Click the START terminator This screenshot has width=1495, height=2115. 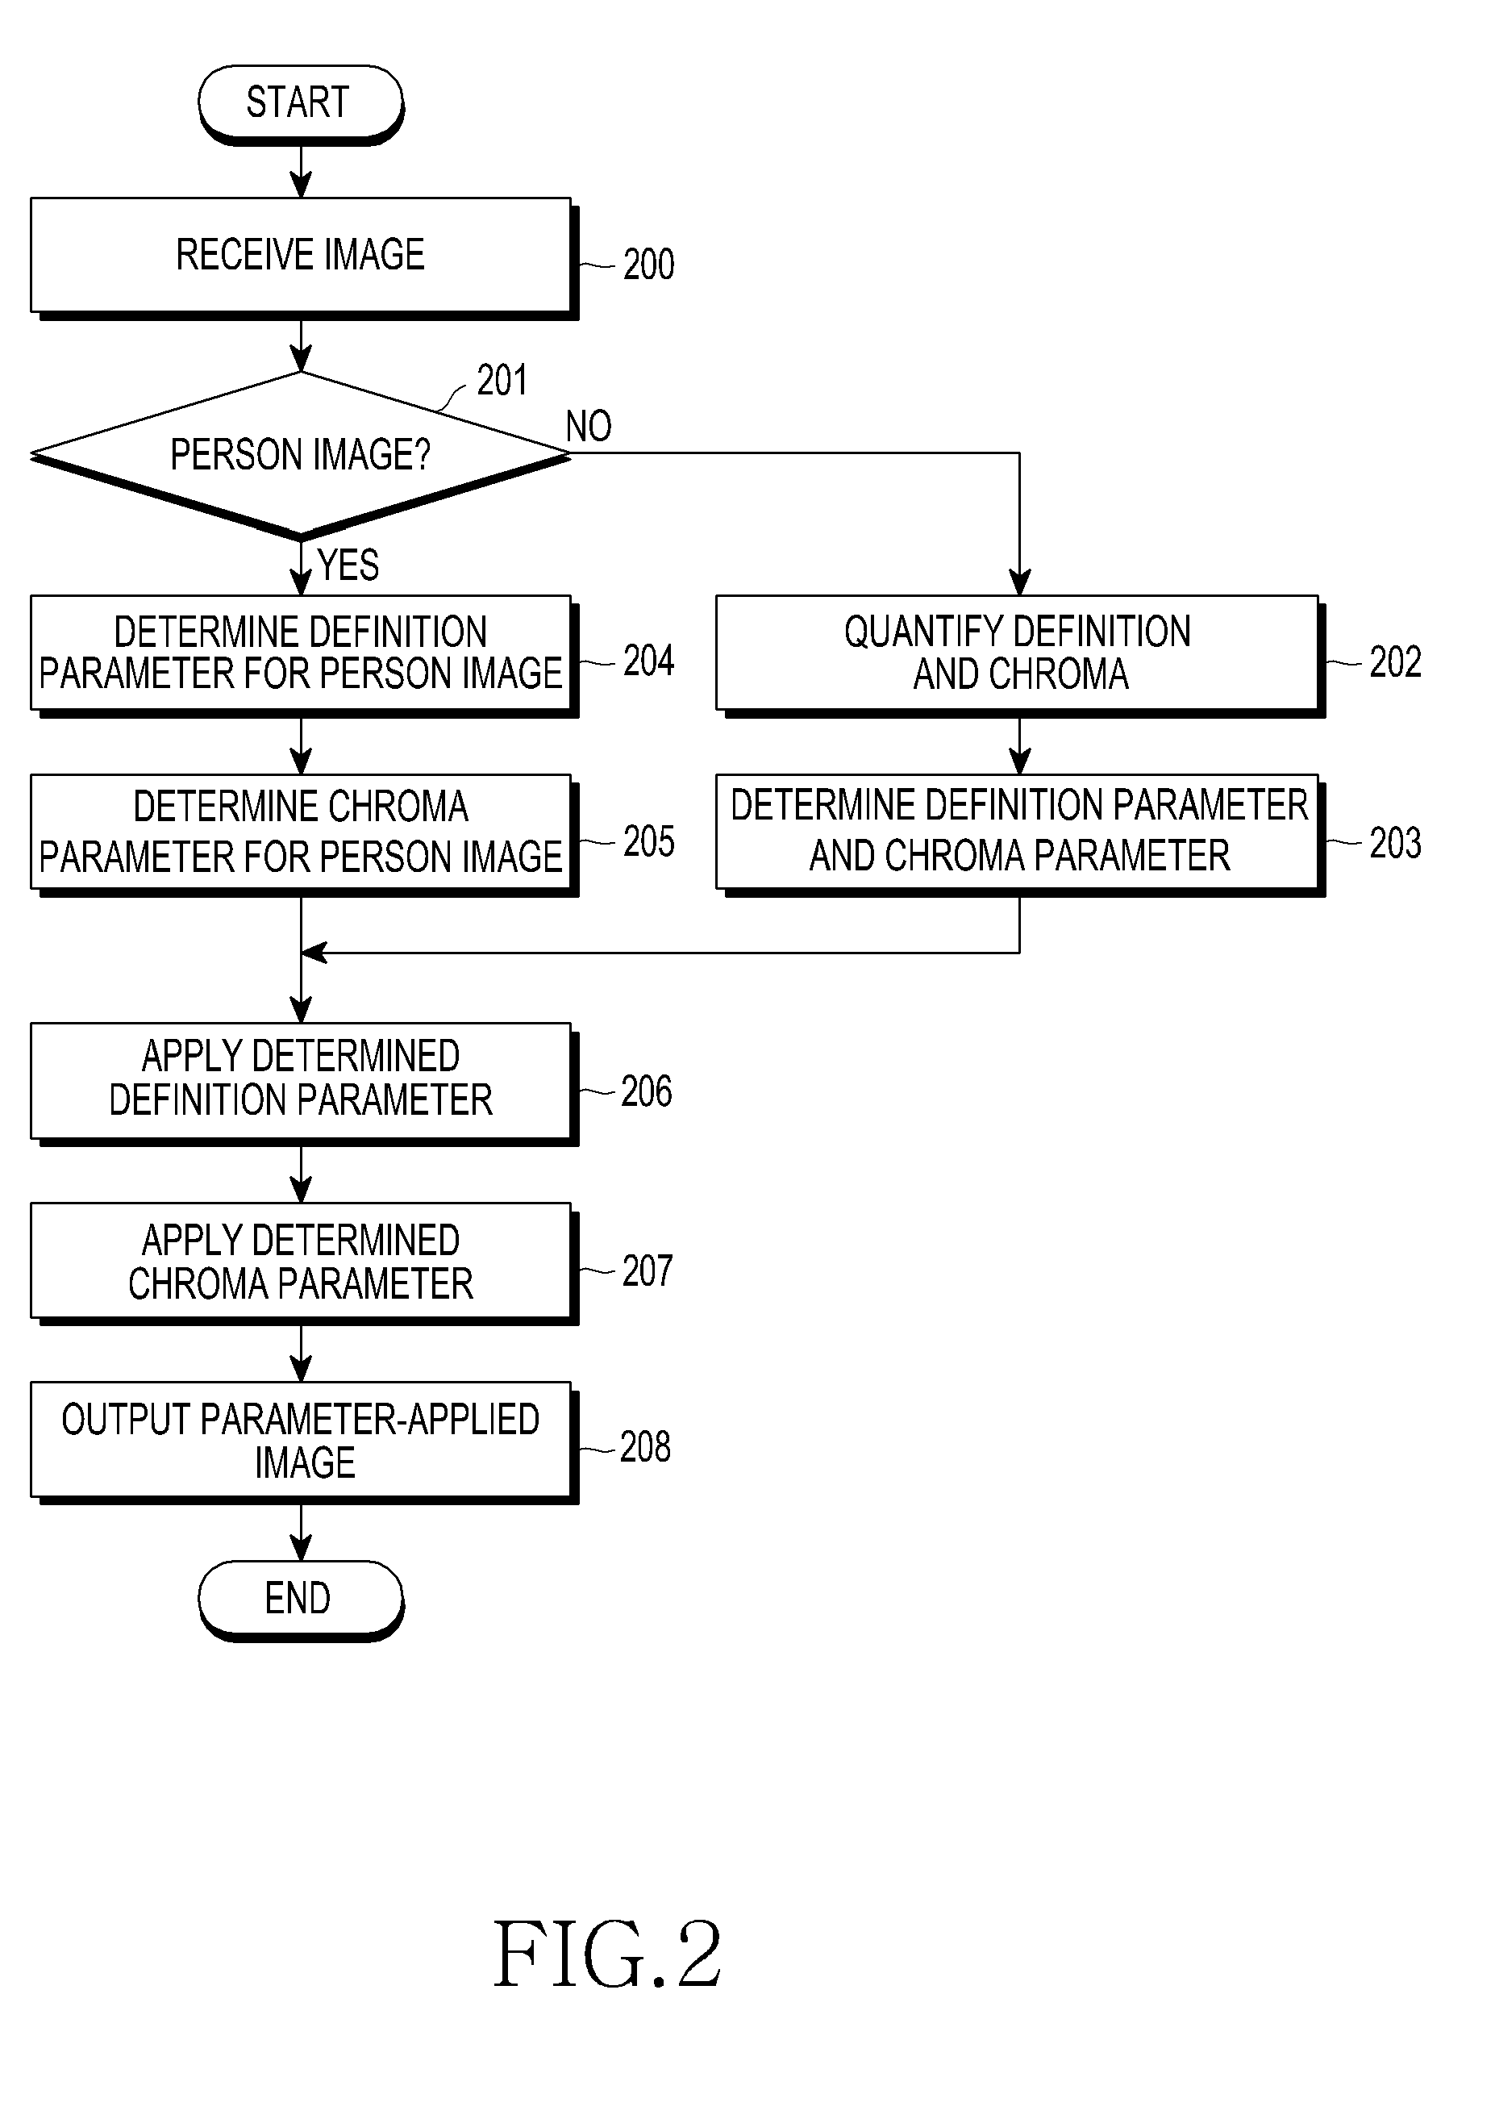point(302,104)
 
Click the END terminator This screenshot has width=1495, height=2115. point(302,1600)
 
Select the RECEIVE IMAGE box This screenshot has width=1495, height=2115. point(304,258)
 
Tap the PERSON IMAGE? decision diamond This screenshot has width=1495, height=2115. point(302,454)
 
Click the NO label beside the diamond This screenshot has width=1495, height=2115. point(589,427)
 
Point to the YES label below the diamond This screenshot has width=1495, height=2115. point(348,565)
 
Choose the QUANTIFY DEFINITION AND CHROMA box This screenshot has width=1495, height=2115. point(1021,656)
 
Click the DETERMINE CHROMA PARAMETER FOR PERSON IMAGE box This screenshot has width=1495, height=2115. point(304,835)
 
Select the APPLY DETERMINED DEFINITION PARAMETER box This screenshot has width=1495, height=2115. point(304,1083)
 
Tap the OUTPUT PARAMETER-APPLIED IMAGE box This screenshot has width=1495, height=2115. point(304,1442)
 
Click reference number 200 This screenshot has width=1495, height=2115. point(648,265)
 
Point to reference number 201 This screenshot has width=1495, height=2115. point(502,381)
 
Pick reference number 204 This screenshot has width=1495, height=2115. point(648,661)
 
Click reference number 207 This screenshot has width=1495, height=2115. point(647,1271)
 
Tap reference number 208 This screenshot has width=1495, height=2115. point(645,1447)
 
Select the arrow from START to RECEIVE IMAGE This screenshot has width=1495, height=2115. point(302,171)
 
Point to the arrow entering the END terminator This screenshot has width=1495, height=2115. point(302,1533)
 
